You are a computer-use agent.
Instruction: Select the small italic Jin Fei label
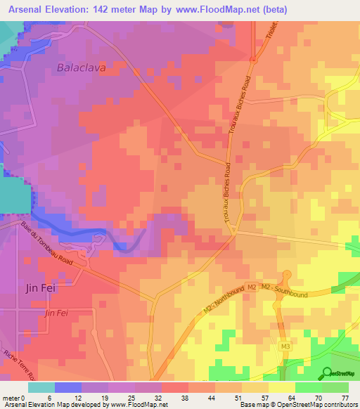click(x=56, y=312)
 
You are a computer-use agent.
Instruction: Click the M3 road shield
click(x=285, y=346)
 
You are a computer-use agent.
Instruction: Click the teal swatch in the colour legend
click(x=41, y=387)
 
